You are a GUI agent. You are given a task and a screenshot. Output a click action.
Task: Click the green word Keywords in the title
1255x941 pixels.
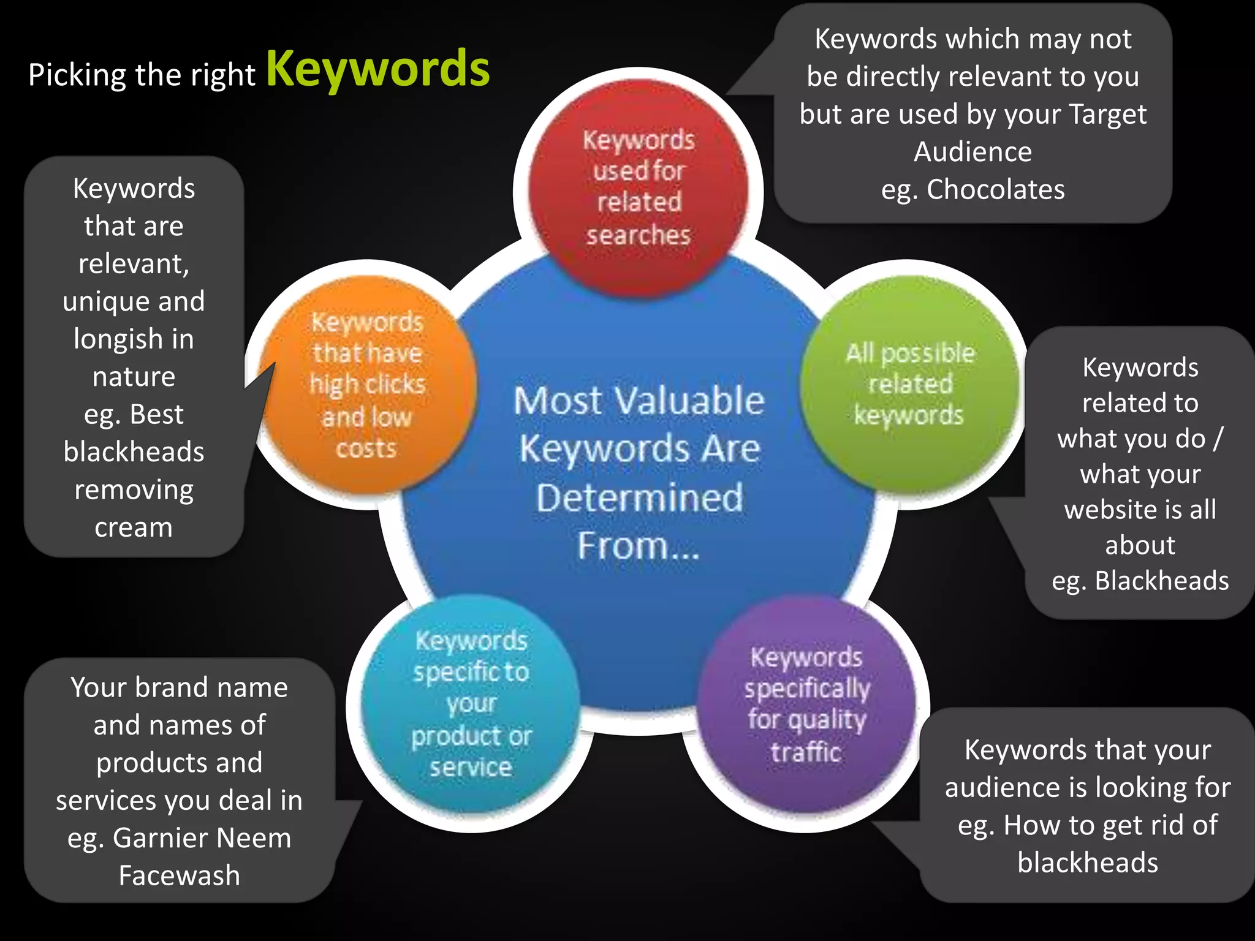tap(378, 69)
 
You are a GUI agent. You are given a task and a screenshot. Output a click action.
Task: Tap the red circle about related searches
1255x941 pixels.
tap(638, 187)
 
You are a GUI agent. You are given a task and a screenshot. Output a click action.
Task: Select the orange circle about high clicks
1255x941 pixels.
tap(367, 385)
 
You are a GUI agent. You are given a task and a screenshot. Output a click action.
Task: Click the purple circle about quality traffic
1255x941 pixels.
tap(806, 705)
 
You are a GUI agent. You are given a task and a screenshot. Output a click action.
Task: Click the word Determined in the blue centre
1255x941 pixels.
tap(639, 497)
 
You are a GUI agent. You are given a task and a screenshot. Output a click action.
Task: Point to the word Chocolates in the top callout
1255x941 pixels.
tap(996, 190)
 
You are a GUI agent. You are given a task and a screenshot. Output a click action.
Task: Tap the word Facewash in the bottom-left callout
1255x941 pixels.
tap(180, 875)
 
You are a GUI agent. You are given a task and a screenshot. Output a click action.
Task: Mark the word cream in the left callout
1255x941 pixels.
tap(134, 527)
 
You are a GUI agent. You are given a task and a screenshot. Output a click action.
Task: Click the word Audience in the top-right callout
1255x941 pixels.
tap(973, 152)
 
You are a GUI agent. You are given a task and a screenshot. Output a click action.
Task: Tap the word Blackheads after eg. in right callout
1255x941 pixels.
tap(1162, 581)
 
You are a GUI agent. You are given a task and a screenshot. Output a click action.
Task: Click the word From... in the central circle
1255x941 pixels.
tap(638, 545)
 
